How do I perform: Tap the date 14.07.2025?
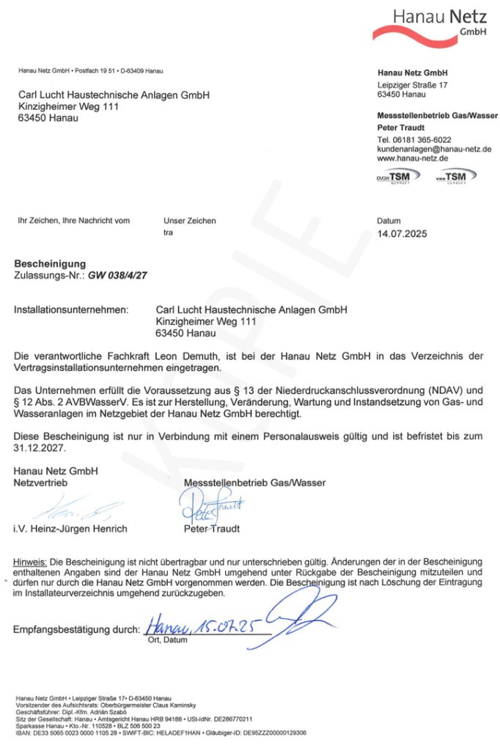click(x=401, y=235)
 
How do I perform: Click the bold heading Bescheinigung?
click(x=50, y=264)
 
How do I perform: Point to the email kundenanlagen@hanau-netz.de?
click(x=434, y=149)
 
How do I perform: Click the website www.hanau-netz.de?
click(x=413, y=158)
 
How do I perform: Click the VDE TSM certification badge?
click(x=455, y=176)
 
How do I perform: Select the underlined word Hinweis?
click(x=30, y=561)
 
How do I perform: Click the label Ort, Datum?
click(x=167, y=640)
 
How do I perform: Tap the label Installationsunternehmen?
click(x=70, y=310)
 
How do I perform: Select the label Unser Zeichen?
click(x=190, y=220)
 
